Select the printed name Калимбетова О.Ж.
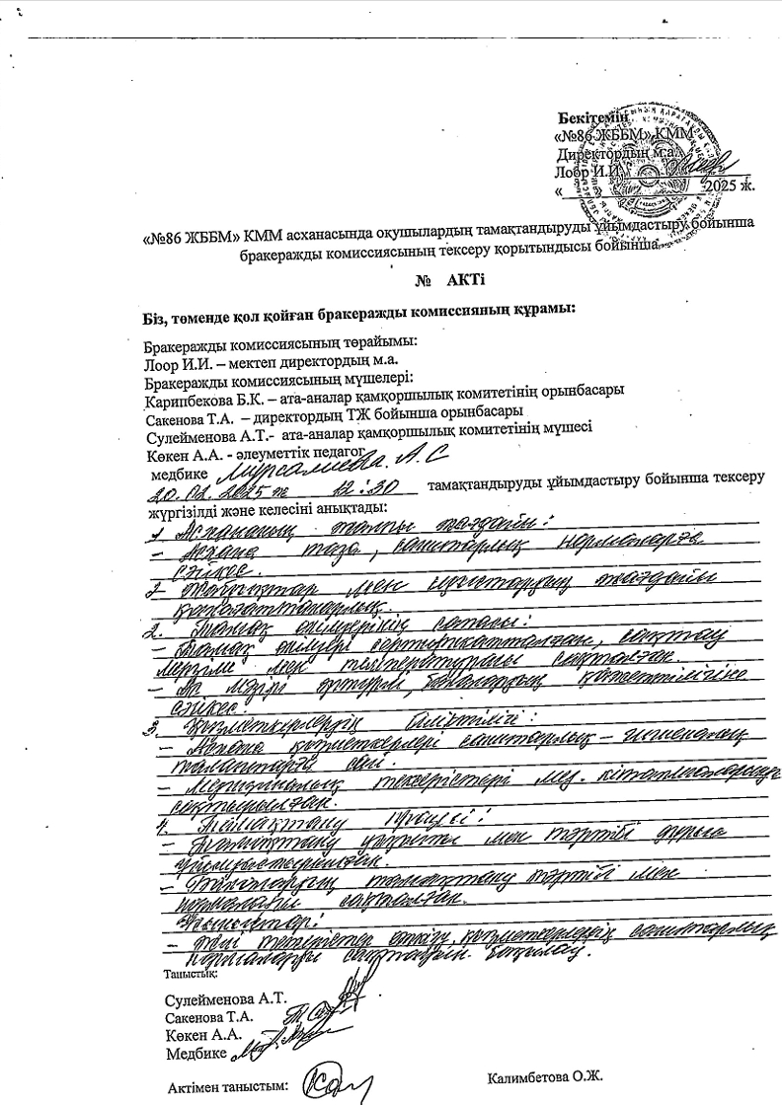pos(545,1074)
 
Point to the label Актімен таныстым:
pos(229,1086)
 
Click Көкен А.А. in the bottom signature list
pos(204,1033)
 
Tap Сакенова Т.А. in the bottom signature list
pos(210,1015)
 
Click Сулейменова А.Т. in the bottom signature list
pos(226,997)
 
